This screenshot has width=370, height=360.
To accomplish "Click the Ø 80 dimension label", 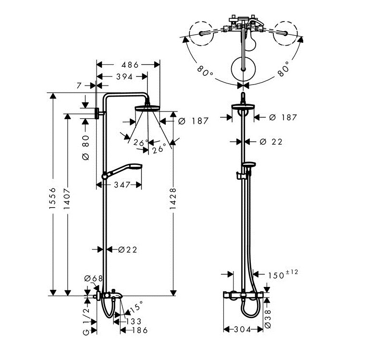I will click(86, 148).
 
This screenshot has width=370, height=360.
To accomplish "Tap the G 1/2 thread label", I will click(86, 320).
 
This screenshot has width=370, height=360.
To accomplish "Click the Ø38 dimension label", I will click(269, 319).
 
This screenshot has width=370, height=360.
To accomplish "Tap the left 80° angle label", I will click(205, 73).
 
